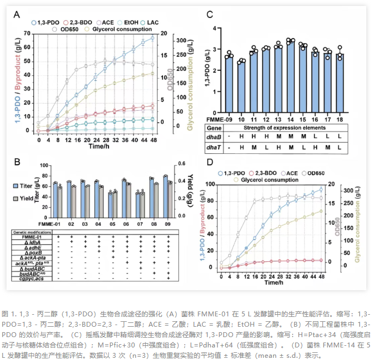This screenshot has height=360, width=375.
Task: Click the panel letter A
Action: coord(17,14)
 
